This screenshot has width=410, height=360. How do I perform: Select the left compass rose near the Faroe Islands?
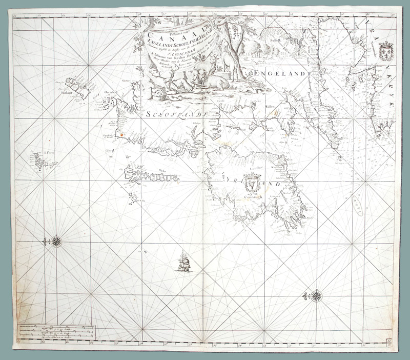coord(56,241)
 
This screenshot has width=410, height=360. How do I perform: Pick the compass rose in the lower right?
coord(317,296)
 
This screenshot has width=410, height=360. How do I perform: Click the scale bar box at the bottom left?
coord(55,332)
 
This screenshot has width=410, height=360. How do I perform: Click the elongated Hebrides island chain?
coord(149,177)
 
